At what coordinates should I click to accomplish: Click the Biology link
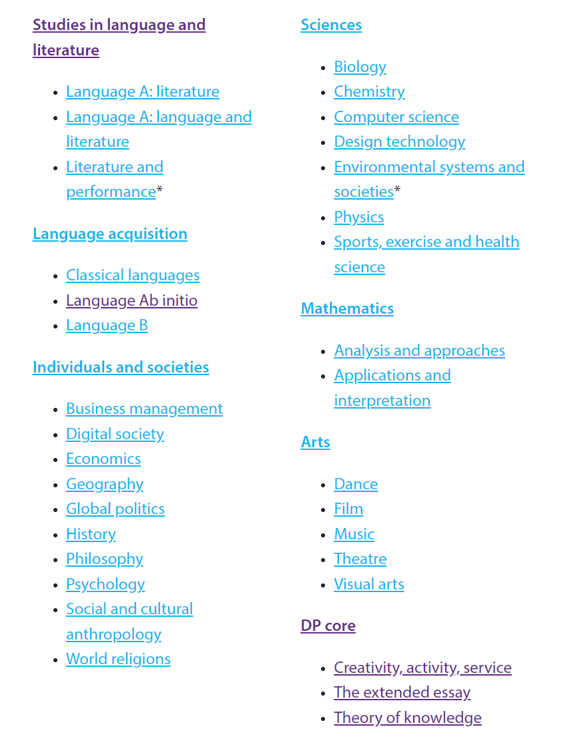[360, 67]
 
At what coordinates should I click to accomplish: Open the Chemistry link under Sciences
[369, 91]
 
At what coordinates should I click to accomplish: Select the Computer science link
[396, 117]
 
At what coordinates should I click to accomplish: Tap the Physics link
[359, 217]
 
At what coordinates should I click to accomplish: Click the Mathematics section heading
[347, 308]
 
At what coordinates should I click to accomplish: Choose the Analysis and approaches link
[419, 350]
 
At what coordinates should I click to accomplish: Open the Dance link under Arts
[356, 484]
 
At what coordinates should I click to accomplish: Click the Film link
[348, 509]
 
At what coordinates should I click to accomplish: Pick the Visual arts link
[369, 584]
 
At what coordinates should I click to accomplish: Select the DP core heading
[328, 625]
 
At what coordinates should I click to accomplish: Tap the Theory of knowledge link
[407, 718]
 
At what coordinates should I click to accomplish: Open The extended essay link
[402, 692]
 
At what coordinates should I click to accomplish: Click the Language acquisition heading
[109, 234]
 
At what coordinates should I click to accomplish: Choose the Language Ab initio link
[131, 300]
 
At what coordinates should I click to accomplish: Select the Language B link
[107, 325]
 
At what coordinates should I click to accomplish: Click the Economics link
[103, 459]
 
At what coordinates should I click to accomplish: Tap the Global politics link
[115, 509]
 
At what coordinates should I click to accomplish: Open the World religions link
[118, 659]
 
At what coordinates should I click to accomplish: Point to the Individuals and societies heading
[121, 367]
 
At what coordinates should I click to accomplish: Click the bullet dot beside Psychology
[55, 585]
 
